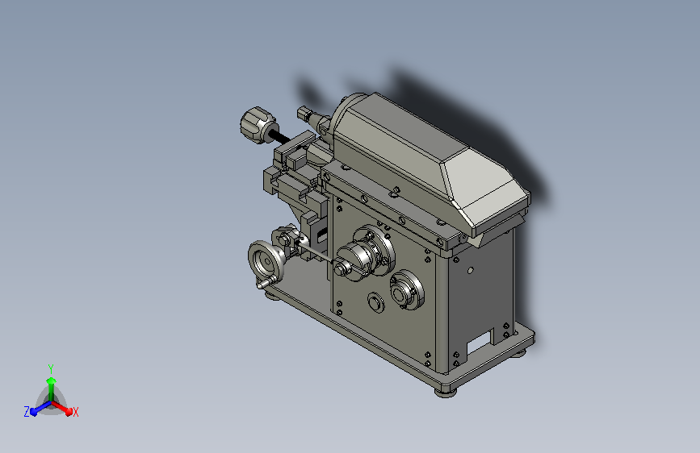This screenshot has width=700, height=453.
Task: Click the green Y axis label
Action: coord(51,368)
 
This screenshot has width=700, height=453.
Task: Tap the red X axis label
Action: coord(75,412)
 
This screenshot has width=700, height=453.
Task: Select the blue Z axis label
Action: coord(27,412)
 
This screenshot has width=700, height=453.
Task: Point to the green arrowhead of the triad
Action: coord(52,381)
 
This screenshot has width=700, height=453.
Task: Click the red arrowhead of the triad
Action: coord(68,410)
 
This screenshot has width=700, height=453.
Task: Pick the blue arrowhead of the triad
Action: coord(35,412)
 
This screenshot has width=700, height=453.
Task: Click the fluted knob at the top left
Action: coord(258,125)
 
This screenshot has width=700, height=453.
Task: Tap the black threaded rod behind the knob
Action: coord(281,137)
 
